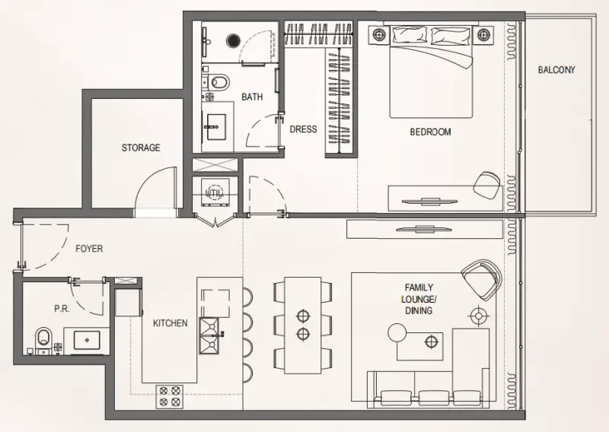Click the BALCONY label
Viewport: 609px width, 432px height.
point(556,70)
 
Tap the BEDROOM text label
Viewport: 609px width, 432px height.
point(430,132)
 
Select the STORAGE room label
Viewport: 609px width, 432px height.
point(141,148)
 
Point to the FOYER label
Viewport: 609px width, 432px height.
point(88,249)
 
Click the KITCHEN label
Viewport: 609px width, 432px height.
point(170,323)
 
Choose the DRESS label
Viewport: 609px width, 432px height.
point(303,129)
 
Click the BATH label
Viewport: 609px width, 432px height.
point(252,97)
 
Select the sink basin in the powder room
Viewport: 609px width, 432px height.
point(81,338)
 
